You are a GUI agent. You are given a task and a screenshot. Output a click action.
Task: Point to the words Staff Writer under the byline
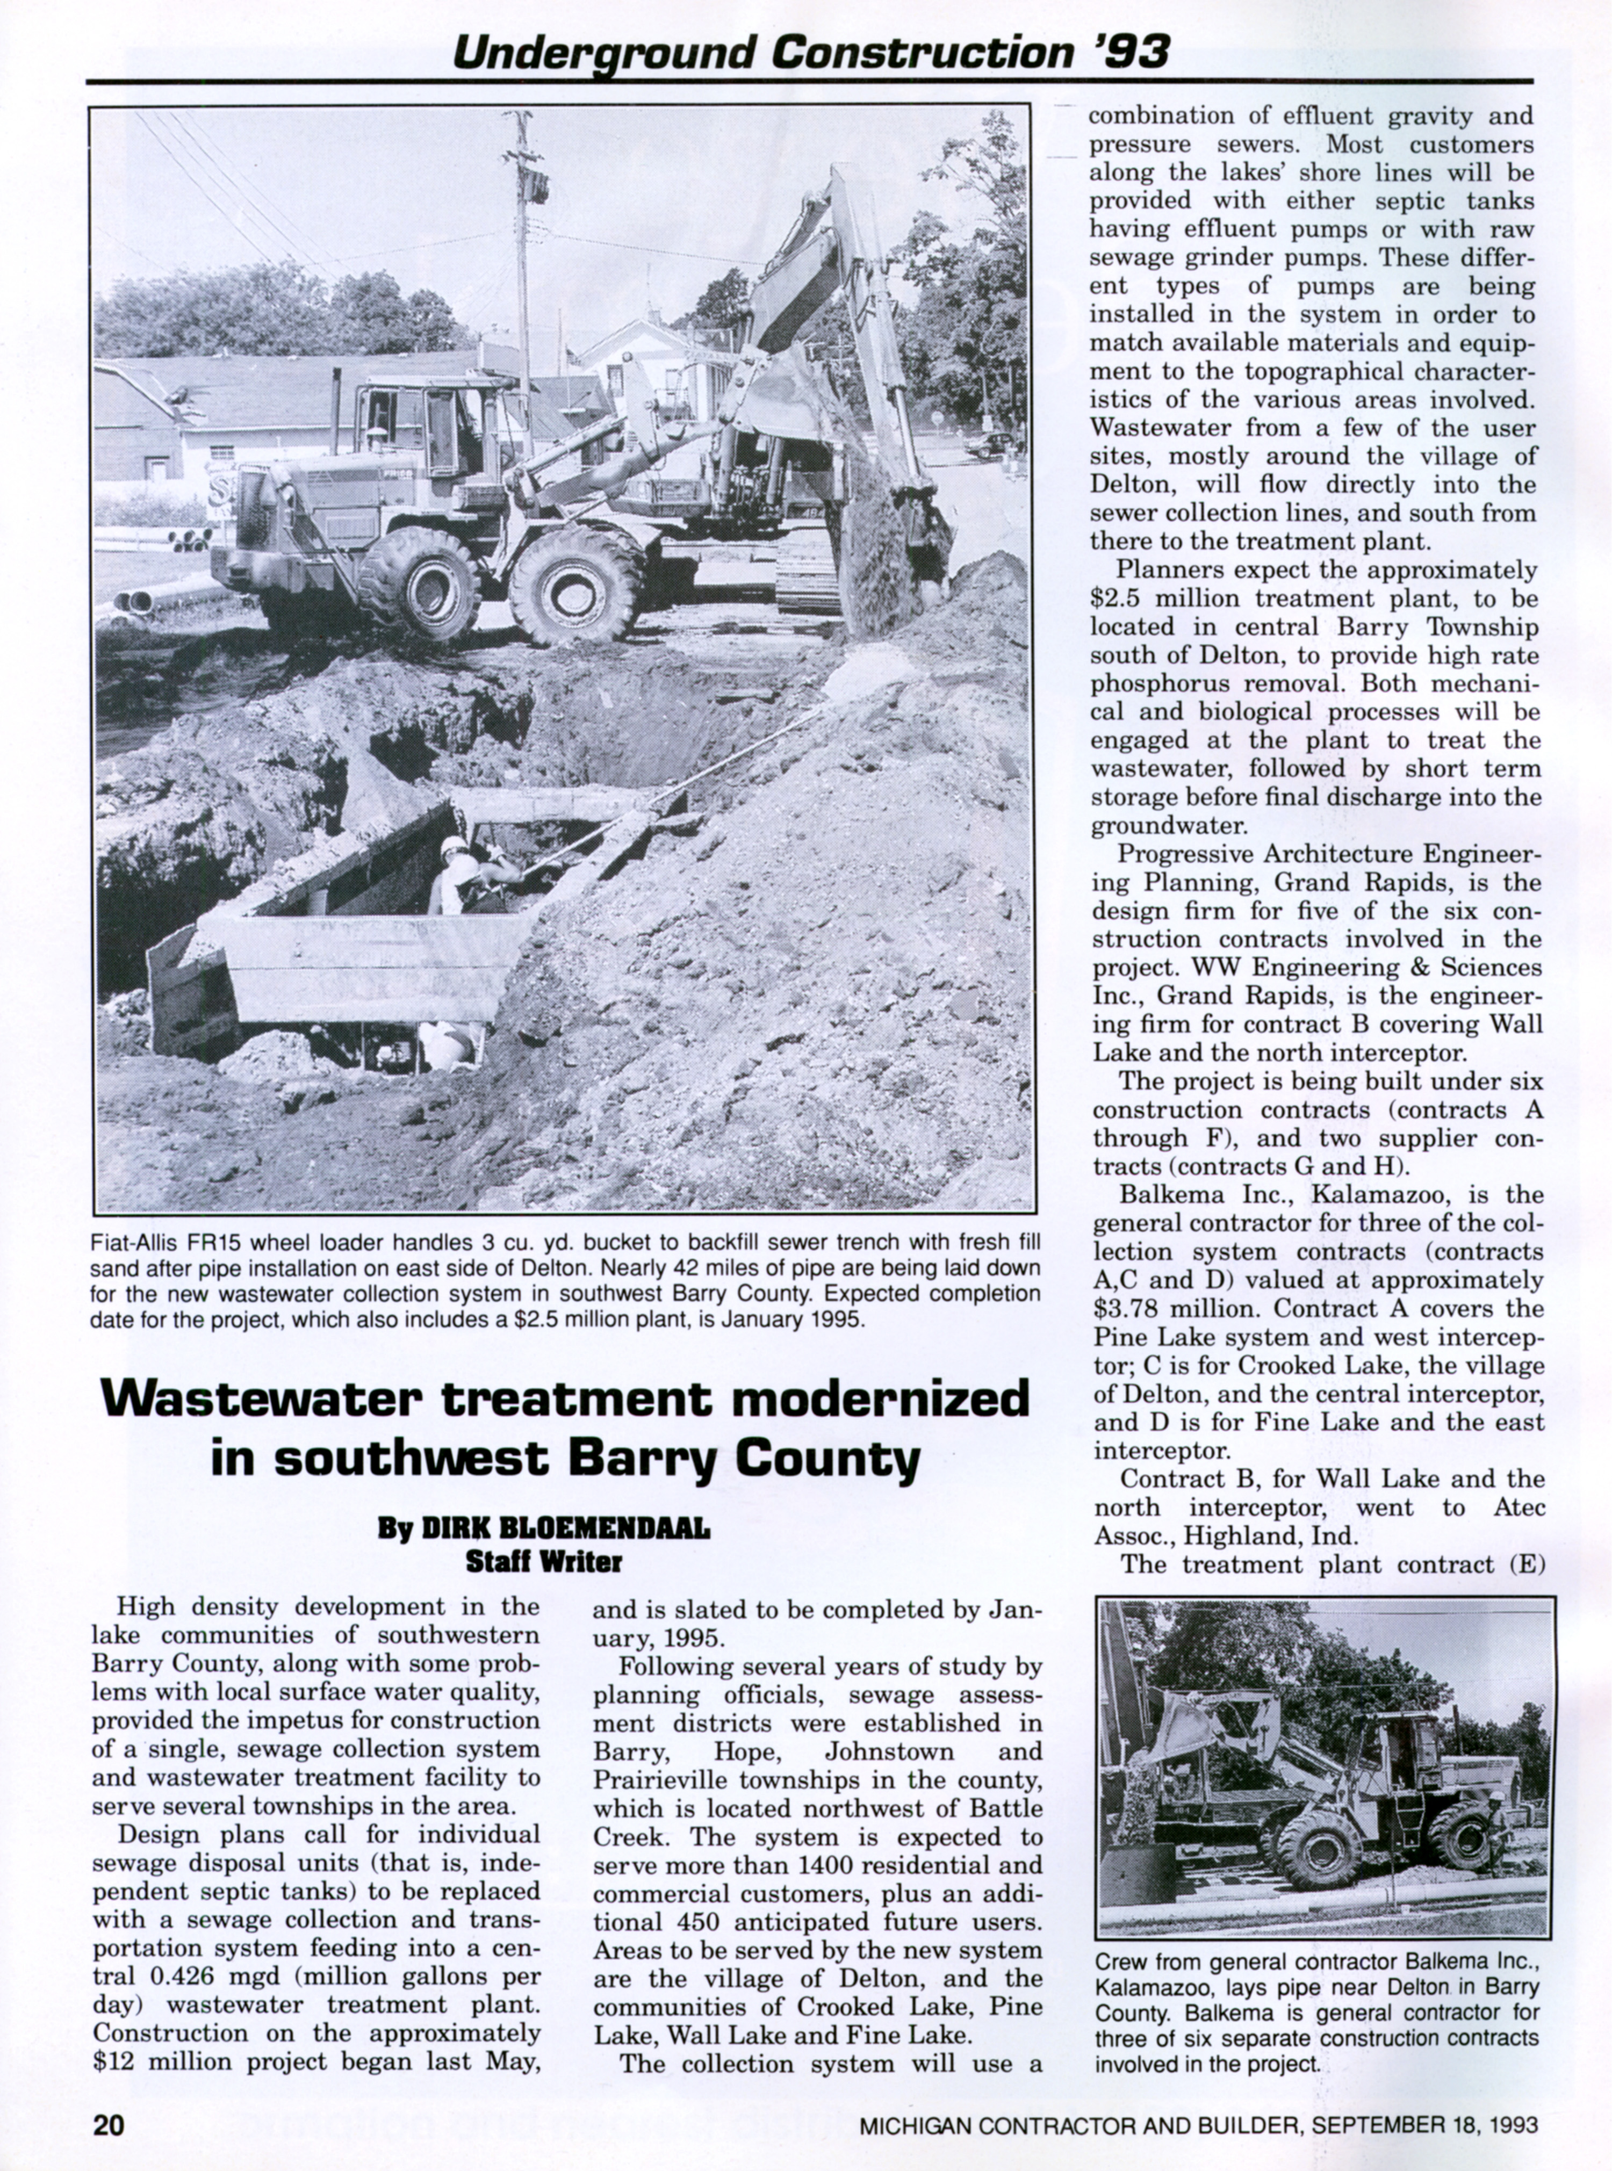(x=544, y=1561)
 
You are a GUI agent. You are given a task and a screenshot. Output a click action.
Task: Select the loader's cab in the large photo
(x=429, y=429)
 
